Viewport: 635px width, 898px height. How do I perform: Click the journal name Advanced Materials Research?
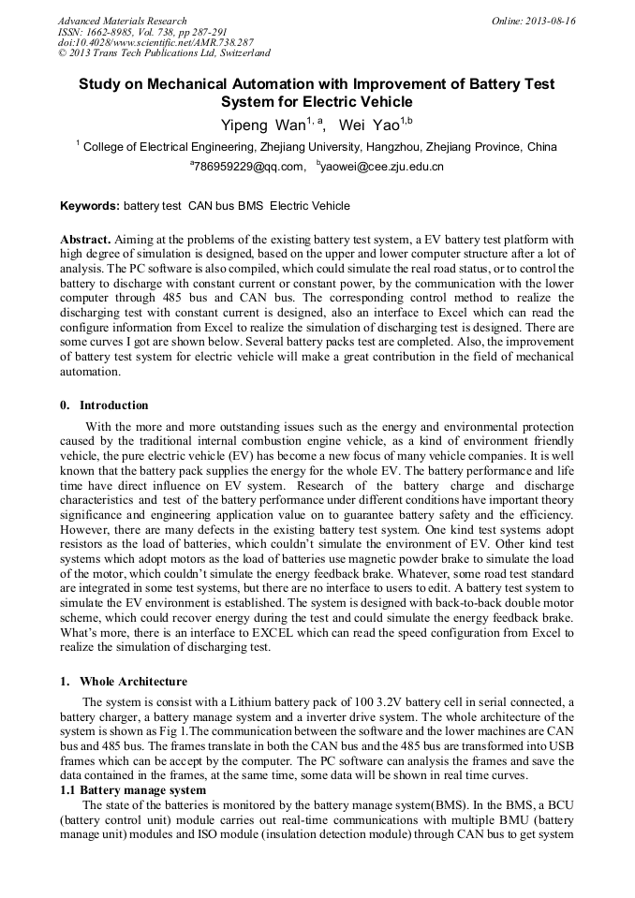pos(122,21)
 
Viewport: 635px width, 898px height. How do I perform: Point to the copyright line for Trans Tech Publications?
pos(164,53)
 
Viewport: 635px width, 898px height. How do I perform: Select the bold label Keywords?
pos(90,206)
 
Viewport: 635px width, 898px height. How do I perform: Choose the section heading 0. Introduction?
pos(104,405)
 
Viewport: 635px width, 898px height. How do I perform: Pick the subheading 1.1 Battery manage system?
pos(133,790)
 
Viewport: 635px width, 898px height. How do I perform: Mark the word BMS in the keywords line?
pos(249,206)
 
